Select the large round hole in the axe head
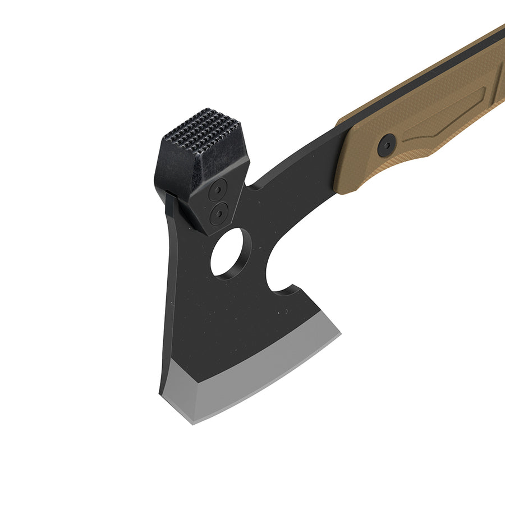point(227,254)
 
